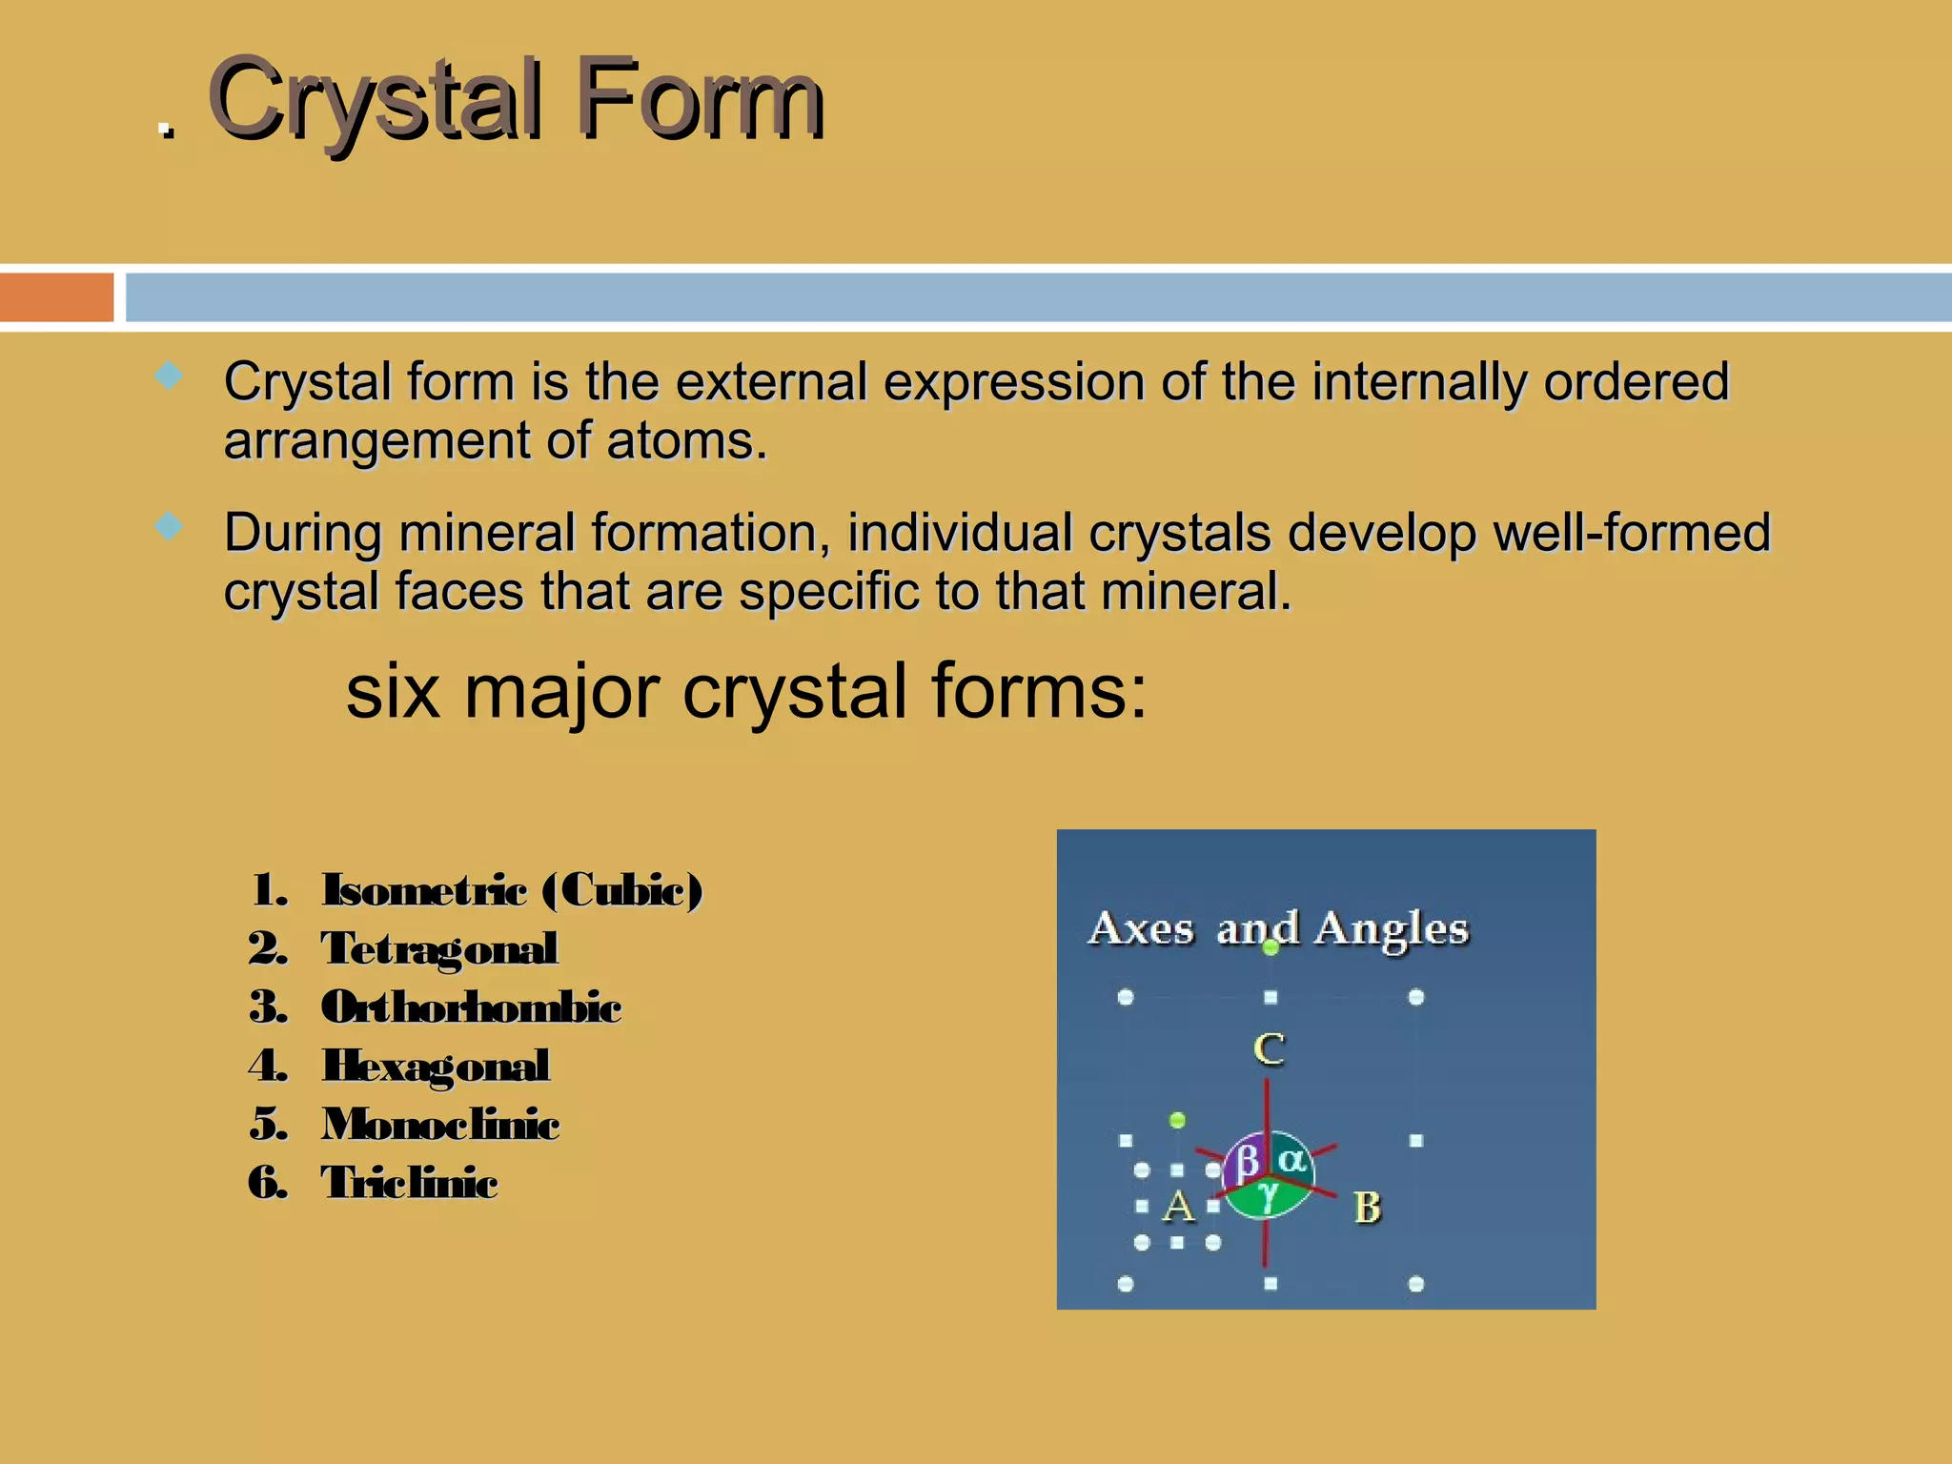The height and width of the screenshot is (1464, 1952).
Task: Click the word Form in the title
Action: [701, 100]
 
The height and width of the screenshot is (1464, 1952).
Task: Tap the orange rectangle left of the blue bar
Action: [55, 297]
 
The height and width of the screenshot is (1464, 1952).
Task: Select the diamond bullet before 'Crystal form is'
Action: [169, 376]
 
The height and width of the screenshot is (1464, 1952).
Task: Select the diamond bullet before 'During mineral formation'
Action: [169, 526]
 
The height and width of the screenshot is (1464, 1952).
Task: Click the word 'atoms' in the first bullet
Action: [685, 441]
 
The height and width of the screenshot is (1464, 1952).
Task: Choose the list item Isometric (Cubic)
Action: [511, 890]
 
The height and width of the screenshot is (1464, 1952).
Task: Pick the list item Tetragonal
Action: [438, 948]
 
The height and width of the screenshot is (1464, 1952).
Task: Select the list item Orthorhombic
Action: [471, 1007]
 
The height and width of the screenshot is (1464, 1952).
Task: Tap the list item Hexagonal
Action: [436, 1066]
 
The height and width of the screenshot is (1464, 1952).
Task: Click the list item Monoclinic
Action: [440, 1125]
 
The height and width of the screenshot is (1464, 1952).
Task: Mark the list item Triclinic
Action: [409, 1183]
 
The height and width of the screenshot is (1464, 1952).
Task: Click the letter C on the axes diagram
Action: [1269, 1049]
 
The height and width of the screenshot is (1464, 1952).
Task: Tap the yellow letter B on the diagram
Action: [1367, 1208]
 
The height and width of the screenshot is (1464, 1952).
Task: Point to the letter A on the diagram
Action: [1178, 1207]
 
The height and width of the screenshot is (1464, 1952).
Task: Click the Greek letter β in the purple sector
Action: [1247, 1162]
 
